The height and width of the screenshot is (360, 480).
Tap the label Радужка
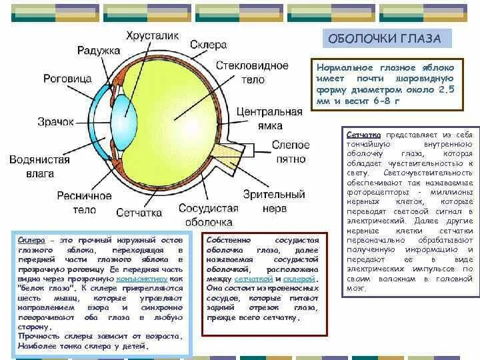[x=98, y=50]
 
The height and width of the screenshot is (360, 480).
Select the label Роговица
[x=67, y=78]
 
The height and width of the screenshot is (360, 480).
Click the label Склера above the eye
[x=208, y=45]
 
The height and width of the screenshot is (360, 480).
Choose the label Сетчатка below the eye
[x=139, y=213]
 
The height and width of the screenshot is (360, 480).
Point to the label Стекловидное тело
[x=258, y=73]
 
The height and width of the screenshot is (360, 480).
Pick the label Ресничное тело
[x=85, y=203]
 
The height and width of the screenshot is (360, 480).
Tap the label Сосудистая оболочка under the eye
[x=209, y=215]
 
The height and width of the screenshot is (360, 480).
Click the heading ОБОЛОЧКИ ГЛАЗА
[x=383, y=39]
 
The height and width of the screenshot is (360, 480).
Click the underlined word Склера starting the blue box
[x=31, y=239]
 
